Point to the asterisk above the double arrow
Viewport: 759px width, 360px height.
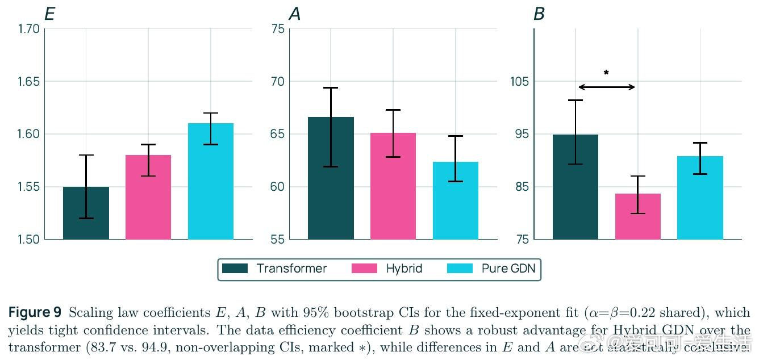(x=606, y=73)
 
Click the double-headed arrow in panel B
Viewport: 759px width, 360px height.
(x=607, y=87)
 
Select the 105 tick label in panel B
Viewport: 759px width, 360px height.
(x=519, y=82)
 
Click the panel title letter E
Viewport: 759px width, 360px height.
(x=49, y=14)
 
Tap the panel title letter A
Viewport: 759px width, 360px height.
(x=294, y=14)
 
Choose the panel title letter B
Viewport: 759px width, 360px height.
(x=539, y=14)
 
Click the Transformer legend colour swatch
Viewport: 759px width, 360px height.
(x=235, y=269)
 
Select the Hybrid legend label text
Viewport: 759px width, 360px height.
(x=404, y=269)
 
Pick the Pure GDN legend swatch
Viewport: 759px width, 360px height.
(x=460, y=269)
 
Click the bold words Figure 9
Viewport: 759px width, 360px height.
(x=35, y=313)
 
